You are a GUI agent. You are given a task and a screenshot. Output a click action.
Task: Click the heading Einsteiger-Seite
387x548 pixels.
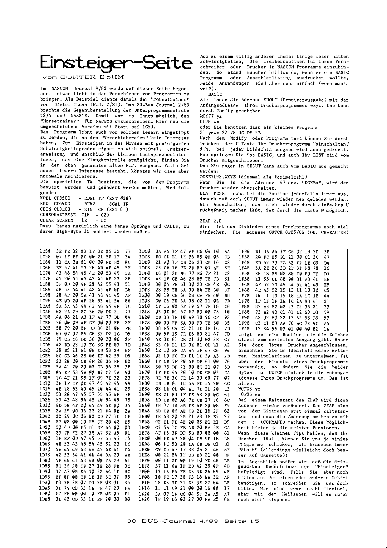116,63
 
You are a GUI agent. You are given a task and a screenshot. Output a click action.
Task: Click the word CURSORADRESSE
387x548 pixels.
58,215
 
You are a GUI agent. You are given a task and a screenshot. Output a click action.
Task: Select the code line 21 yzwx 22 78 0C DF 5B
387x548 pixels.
231,133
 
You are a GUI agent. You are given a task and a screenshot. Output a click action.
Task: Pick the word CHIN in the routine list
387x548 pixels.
46,209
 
